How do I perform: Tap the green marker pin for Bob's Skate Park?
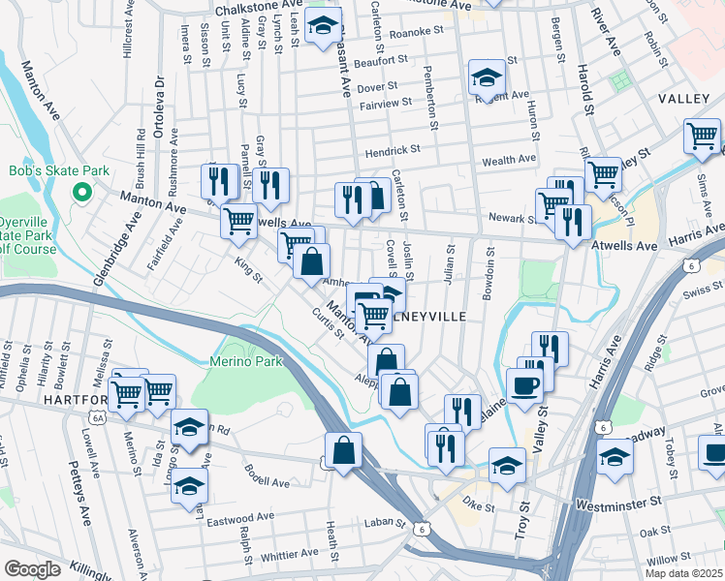coord(82,193)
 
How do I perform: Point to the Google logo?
coord(32,569)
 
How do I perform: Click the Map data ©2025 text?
coord(683,573)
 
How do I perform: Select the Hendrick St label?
coord(393,151)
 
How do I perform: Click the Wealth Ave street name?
coord(509,159)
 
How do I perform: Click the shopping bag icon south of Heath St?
coord(344,450)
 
